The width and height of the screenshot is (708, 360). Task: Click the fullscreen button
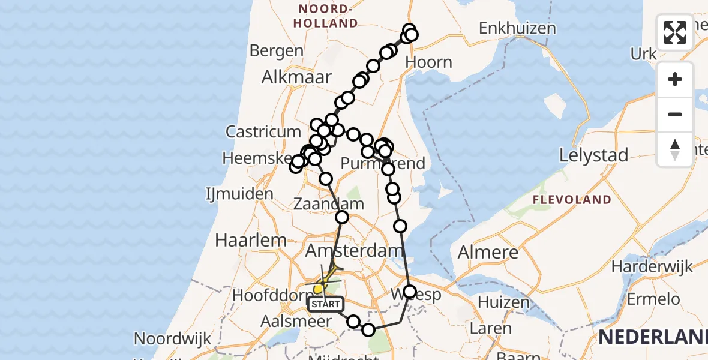675,32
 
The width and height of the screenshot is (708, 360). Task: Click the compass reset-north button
675,149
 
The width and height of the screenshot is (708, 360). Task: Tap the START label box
326,304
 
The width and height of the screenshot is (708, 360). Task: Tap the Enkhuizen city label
517,28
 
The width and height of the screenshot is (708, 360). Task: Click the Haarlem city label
242,240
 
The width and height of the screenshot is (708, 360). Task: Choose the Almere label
488,252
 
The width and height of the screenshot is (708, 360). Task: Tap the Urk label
644,54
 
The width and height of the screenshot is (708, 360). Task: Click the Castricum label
263,131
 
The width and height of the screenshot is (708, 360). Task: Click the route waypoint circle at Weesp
410,292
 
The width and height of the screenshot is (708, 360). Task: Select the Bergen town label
277,50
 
